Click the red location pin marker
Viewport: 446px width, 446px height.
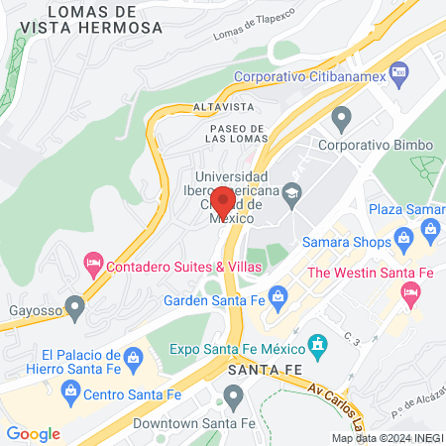point(223,199)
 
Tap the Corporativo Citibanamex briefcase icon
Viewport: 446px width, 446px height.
point(399,71)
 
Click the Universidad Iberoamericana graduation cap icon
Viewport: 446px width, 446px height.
point(291,192)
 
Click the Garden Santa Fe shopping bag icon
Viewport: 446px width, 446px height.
point(279,294)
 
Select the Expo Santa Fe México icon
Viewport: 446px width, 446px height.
point(317,346)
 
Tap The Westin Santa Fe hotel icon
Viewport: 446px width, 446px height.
point(408,292)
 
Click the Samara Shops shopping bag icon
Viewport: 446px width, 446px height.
point(404,237)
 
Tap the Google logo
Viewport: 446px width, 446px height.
point(33,433)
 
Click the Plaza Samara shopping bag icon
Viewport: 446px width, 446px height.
point(430,230)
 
